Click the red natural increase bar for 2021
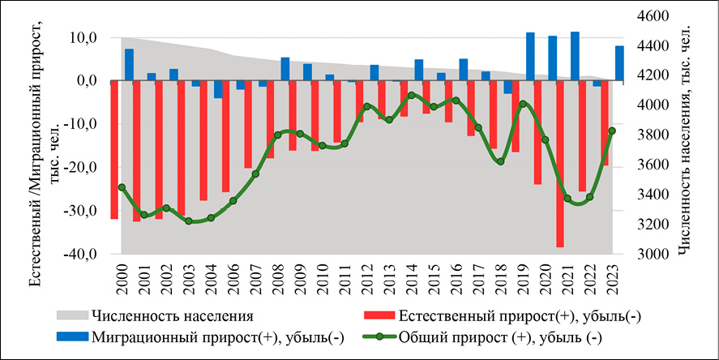560,162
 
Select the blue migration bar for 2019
530,57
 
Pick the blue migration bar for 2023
619,63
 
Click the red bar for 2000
114,150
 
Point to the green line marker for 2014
412,95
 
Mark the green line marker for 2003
189,221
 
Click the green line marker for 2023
613,131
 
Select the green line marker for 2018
501,161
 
